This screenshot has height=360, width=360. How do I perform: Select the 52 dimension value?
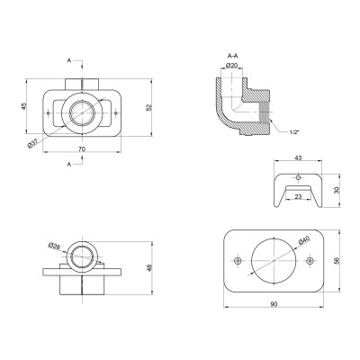point(149,107)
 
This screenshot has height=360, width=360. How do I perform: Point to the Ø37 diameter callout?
point(32,144)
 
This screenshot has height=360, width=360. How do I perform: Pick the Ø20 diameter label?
point(231,65)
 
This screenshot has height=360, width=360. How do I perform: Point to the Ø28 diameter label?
point(53,246)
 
